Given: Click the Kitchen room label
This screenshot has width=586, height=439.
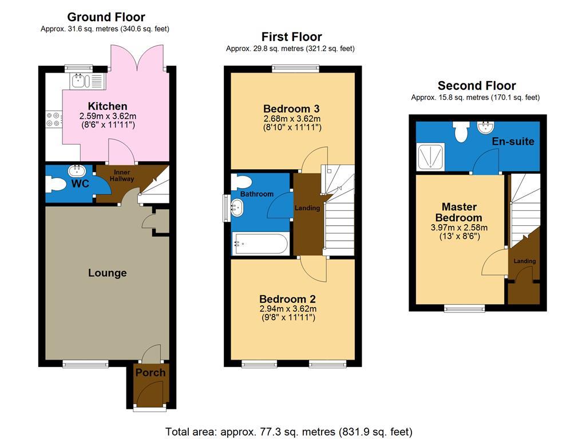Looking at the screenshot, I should point(108,106).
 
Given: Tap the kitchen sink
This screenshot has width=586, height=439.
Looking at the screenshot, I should point(80,81).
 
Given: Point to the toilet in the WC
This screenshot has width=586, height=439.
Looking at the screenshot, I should point(58,185).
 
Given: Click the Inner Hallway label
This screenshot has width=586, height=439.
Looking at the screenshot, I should point(122,175).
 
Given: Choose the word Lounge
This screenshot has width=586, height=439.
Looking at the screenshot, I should point(108,273).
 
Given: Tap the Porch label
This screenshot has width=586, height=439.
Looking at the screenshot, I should point(151,373).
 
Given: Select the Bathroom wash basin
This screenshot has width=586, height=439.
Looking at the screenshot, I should point(236,209).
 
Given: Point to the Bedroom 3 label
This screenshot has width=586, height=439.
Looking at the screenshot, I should point(291,109).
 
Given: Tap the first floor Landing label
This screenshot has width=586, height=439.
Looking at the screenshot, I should point(307,207).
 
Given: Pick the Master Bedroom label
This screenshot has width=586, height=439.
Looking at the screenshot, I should point(459,212).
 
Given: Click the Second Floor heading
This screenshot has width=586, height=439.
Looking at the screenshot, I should point(476,86).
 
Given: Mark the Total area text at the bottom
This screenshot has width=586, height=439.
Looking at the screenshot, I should point(288,432).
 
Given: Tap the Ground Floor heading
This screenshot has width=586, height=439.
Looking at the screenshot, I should point(106,17).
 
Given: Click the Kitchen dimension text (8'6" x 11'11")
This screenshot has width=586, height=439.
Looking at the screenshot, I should point(107,124).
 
